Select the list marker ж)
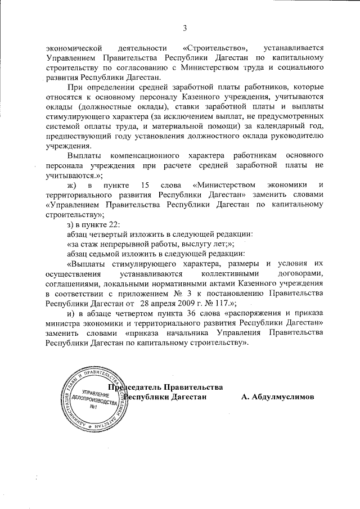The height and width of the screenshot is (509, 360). click(71, 184)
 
